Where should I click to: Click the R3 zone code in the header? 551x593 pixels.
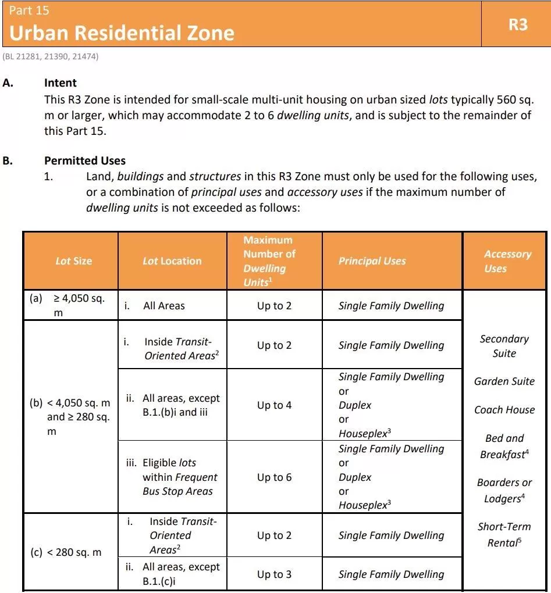point(517,25)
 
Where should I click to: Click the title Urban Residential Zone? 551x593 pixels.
point(122,33)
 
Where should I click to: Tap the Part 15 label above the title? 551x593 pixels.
point(30,10)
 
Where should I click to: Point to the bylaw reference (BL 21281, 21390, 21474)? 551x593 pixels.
point(51,56)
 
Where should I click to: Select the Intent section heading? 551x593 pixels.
point(61,83)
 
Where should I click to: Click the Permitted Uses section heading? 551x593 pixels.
point(85,160)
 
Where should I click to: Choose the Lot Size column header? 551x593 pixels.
point(73,261)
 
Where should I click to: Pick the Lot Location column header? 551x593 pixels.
point(172,261)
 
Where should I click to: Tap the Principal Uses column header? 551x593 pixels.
point(372,261)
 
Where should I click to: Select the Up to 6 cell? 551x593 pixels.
point(274,477)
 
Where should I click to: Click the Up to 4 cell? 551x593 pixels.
point(274,405)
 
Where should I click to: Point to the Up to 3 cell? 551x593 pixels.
point(274,574)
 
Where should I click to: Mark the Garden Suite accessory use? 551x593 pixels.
point(504,381)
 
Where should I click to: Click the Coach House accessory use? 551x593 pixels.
point(504,410)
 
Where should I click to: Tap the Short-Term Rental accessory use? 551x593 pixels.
point(504,534)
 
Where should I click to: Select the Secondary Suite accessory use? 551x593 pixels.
point(504,346)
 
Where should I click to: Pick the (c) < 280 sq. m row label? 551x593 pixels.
point(66,552)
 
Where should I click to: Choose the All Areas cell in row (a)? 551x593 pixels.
point(164,306)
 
